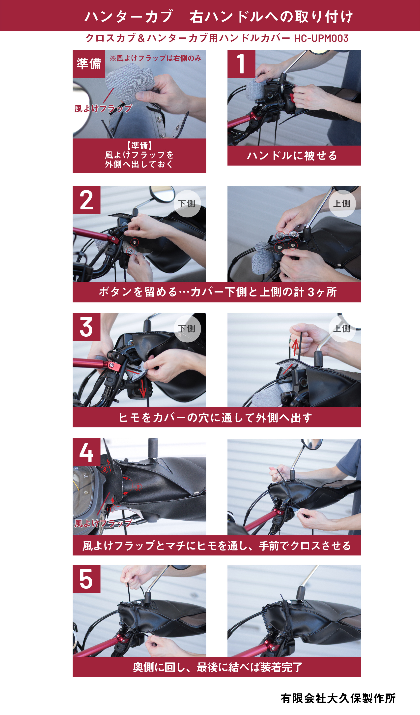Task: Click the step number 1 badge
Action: tap(241, 64)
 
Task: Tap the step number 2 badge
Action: tap(86, 200)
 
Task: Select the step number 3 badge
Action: tap(86, 327)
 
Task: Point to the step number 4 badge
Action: tap(86, 452)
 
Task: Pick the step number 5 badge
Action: tap(86, 579)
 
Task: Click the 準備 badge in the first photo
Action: tap(89, 64)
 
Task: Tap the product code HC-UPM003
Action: tap(321, 38)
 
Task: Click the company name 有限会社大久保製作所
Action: tap(338, 698)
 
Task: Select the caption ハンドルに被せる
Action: tap(292, 156)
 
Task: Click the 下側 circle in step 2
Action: tap(187, 204)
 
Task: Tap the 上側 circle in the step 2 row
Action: tap(342, 204)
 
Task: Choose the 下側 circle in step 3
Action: tap(187, 328)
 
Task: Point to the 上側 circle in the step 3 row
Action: tap(342, 328)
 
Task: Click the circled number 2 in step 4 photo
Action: tap(138, 487)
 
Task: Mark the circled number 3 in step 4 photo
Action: tap(105, 470)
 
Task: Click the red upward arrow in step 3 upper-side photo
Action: tap(295, 347)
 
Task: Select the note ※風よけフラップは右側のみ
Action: tap(156, 58)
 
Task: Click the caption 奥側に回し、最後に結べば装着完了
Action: tap(218, 667)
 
